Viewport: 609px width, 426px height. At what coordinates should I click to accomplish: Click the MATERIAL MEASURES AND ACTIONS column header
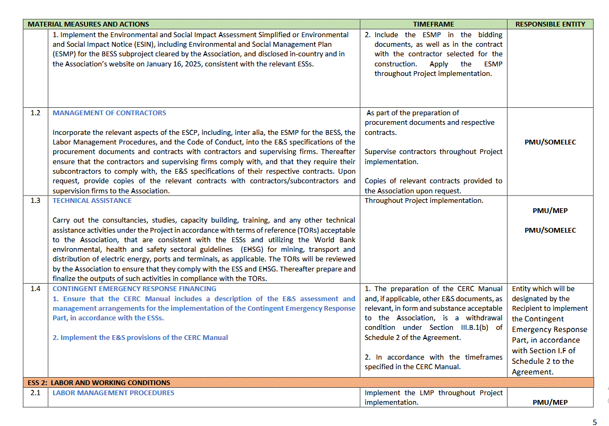click(88, 24)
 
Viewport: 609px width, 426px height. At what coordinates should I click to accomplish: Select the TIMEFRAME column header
click(434, 24)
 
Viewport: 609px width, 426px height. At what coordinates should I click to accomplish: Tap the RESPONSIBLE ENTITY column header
click(550, 24)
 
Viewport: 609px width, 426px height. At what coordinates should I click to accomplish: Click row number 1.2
click(35, 113)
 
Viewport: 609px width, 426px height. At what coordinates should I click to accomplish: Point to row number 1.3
click(35, 201)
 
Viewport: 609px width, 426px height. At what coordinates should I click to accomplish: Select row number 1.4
click(35, 289)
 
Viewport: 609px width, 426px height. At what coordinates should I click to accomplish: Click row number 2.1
click(35, 393)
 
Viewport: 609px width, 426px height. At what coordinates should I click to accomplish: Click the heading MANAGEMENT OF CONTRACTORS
click(109, 113)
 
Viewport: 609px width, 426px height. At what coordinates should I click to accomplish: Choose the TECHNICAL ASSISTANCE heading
click(92, 201)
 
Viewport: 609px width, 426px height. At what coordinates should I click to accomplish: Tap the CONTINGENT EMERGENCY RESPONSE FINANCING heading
click(134, 289)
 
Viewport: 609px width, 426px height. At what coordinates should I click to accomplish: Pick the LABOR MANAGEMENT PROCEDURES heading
click(113, 393)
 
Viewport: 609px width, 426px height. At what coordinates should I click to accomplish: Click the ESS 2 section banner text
click(99, 383)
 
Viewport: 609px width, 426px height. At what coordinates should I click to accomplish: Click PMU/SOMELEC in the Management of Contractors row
click(550, 142)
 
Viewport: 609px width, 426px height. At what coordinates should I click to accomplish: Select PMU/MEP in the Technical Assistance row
click(550, 211)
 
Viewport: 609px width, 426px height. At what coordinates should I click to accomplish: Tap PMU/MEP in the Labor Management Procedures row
click(550, 403)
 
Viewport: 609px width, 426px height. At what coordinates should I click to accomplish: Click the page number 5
click(595, 422)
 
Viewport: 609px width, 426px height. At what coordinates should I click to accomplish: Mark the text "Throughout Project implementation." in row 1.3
click(424, 201)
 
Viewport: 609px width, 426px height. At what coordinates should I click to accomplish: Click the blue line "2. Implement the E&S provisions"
click(140, 338)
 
